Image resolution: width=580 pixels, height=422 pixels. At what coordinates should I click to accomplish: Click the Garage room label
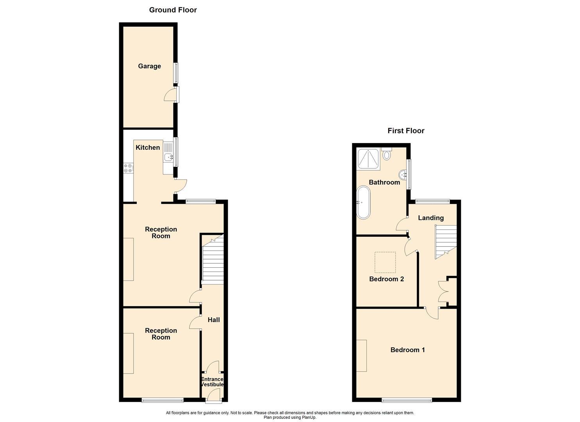coord(149,66)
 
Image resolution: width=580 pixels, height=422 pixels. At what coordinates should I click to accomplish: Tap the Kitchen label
coord(148,147)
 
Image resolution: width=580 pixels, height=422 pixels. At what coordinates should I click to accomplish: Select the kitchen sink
coord(168,157)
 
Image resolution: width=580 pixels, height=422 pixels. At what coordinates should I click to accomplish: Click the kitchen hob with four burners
coord(128,168)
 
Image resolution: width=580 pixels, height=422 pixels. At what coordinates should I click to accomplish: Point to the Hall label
coord(213,320)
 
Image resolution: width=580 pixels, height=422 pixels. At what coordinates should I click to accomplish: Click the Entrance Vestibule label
coord(212,382)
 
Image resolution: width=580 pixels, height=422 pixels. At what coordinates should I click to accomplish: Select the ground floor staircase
coord(212,260)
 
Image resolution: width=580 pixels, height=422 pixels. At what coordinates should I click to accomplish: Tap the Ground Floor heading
coord(173,10)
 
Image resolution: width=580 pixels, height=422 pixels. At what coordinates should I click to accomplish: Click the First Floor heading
coord(406,131)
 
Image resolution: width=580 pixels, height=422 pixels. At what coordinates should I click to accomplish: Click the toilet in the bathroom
coord(387,154)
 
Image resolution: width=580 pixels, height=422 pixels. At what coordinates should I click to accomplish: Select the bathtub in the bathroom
coord(363,202)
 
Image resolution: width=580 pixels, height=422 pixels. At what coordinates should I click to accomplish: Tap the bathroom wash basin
coord(403,174)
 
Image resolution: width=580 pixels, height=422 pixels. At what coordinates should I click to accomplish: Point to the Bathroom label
coord(384,182)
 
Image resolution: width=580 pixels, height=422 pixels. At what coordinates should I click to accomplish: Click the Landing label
coord(431,218)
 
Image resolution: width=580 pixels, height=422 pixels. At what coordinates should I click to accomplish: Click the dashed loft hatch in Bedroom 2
coord(385,262)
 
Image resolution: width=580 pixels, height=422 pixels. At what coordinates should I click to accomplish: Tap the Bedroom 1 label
coord(407,350)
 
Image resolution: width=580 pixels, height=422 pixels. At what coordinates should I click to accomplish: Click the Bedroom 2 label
coord(386,279)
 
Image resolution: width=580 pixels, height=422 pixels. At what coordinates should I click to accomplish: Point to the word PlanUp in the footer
coord(308,417)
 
